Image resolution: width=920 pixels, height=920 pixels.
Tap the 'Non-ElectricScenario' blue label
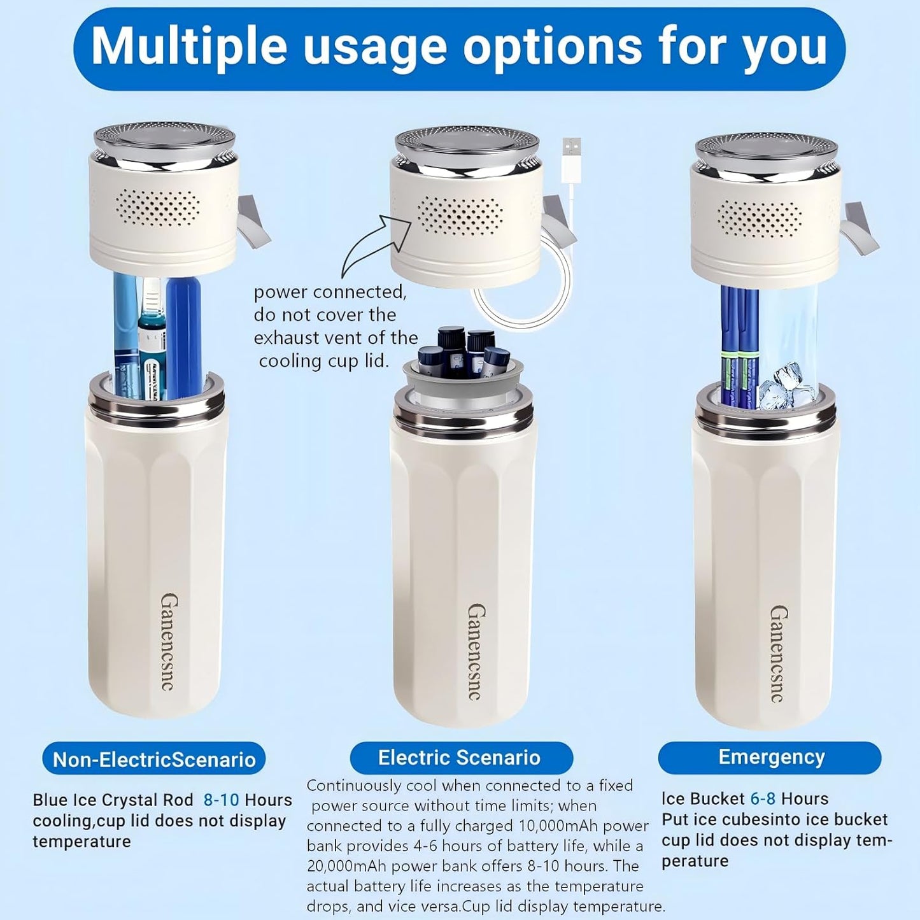pyautogui.click(x=154, y=759)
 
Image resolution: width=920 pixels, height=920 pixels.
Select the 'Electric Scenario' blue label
pyautogui.click(x=459, y=758)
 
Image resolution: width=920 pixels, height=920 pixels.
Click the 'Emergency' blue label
pyautogui.click(x=771, y=757)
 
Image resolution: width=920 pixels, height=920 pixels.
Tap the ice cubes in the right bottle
pyautogui.click(x=782, y=385)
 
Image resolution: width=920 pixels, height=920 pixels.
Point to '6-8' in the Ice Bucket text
pyautogui.click(x=762, y=798)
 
